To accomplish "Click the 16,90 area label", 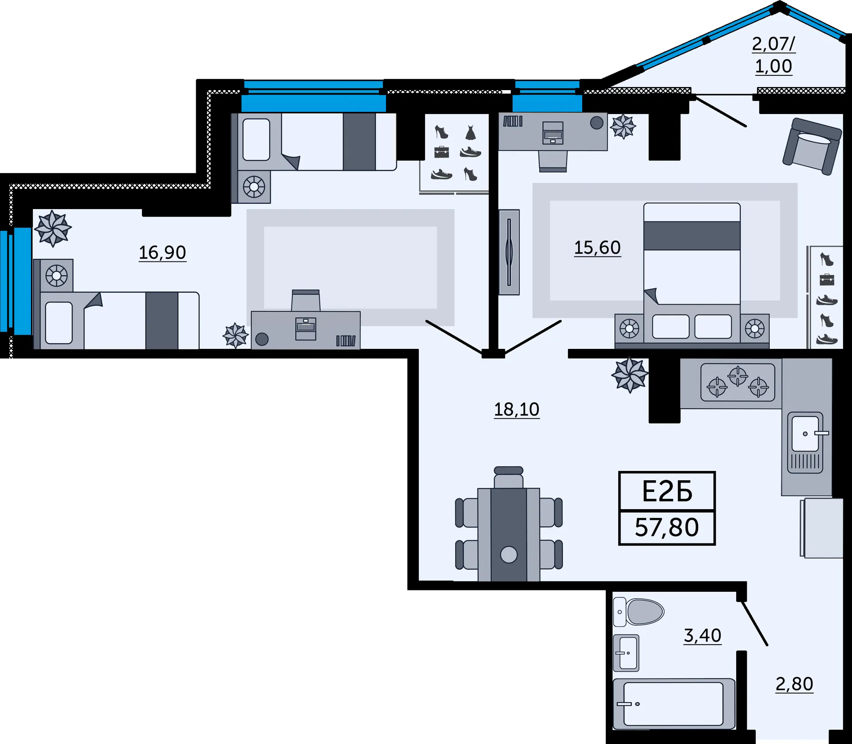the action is coord(162,253).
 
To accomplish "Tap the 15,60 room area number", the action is coord(597,248).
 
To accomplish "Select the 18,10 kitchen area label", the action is coord(517,409).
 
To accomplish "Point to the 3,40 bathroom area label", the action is coord(702,636).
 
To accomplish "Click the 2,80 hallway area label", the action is coord(794,684).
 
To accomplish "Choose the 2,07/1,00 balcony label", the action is coord(774,55).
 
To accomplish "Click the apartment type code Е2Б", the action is coord(667,492).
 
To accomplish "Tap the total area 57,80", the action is coord(667,527).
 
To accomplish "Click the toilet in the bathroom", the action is coord(639,612).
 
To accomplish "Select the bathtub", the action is coord(674,704).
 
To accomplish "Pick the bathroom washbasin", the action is coord(626,653).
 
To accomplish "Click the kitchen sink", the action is coord(805,443).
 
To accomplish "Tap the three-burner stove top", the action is coord(738,382).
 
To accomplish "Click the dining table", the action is coord(509,534).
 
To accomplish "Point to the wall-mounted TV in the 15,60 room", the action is coord(509,252).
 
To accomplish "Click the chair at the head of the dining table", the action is coord(509,478).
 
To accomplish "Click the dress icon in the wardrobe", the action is coord(470,133).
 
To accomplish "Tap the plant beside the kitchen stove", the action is coord(630,375).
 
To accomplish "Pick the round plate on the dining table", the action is coord(509,554).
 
